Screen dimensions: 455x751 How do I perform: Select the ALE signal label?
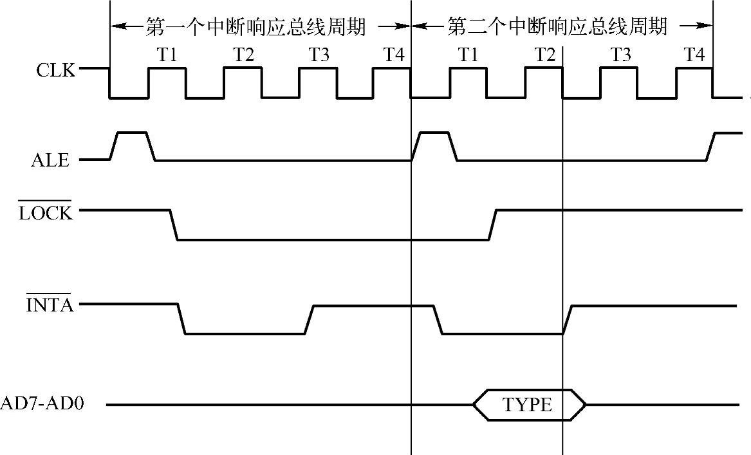50,160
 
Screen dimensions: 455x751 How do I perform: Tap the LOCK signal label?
46,213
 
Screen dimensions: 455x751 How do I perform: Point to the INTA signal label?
50,304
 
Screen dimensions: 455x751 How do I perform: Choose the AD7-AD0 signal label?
44,405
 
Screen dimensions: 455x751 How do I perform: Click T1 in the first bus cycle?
167,55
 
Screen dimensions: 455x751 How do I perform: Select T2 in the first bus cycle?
243,55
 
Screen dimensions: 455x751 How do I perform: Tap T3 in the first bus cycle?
318,55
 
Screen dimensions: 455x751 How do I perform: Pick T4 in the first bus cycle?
394,55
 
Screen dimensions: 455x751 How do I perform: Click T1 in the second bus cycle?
468,55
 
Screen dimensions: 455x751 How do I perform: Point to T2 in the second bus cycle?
544,55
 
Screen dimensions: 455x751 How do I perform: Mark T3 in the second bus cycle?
620,55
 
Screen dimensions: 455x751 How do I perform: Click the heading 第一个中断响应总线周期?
256,27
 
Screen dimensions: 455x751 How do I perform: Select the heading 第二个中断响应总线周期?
557,27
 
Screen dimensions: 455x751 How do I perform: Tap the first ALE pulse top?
131,133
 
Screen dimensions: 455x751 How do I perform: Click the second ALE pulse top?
434,133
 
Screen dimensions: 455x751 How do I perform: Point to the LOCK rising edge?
492,225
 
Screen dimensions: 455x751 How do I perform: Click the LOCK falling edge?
174,225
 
